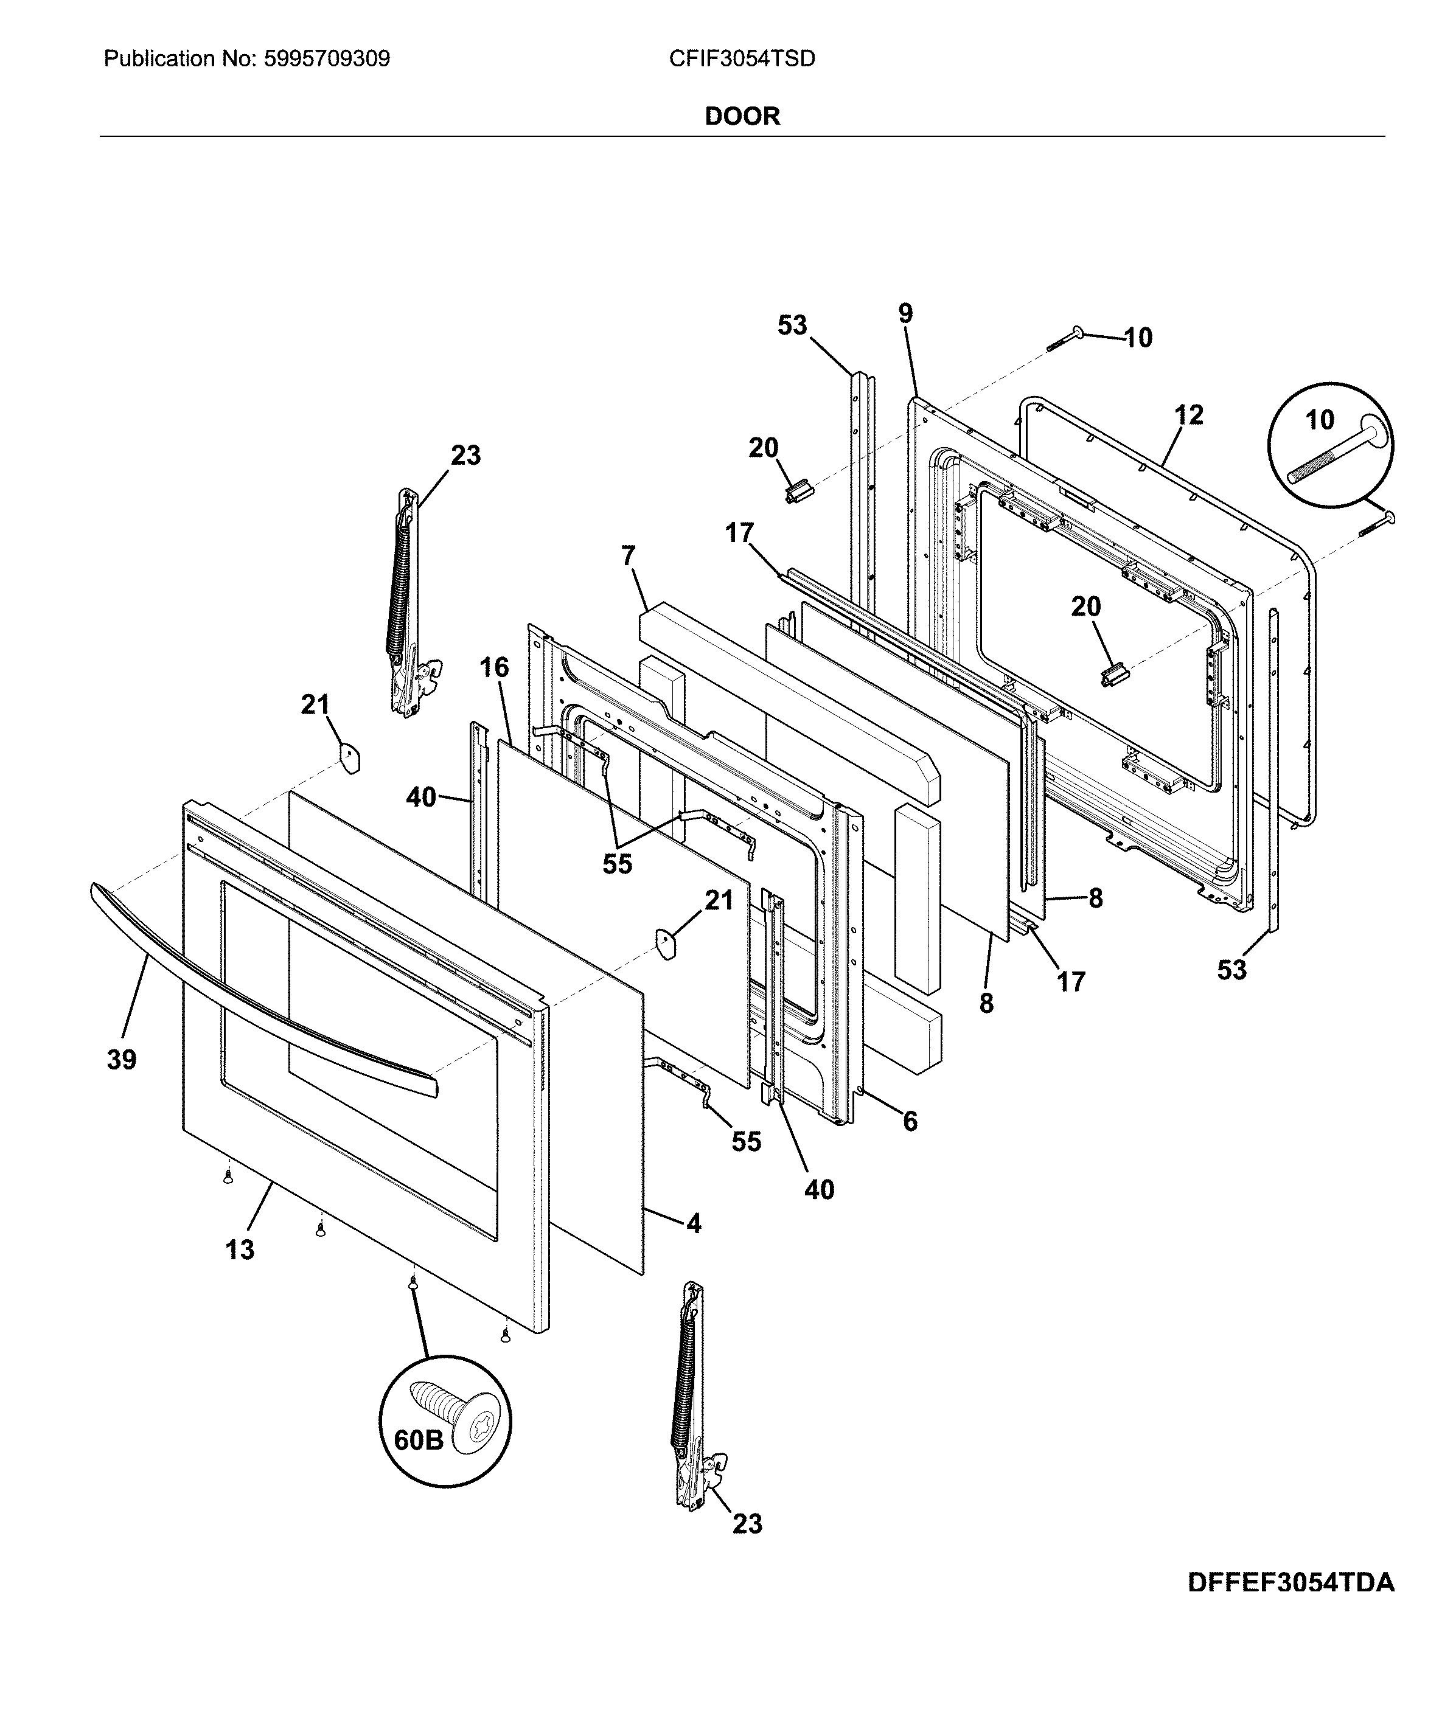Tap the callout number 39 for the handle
point(121,1060)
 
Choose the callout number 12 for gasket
point(1188,414)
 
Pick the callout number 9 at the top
point(905,314)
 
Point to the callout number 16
point(495,667)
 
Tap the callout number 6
point(910,1121)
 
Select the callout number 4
point(694,1223)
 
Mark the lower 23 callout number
point(747,1523)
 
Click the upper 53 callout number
point(792,325)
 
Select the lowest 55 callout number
point(746,1141)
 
